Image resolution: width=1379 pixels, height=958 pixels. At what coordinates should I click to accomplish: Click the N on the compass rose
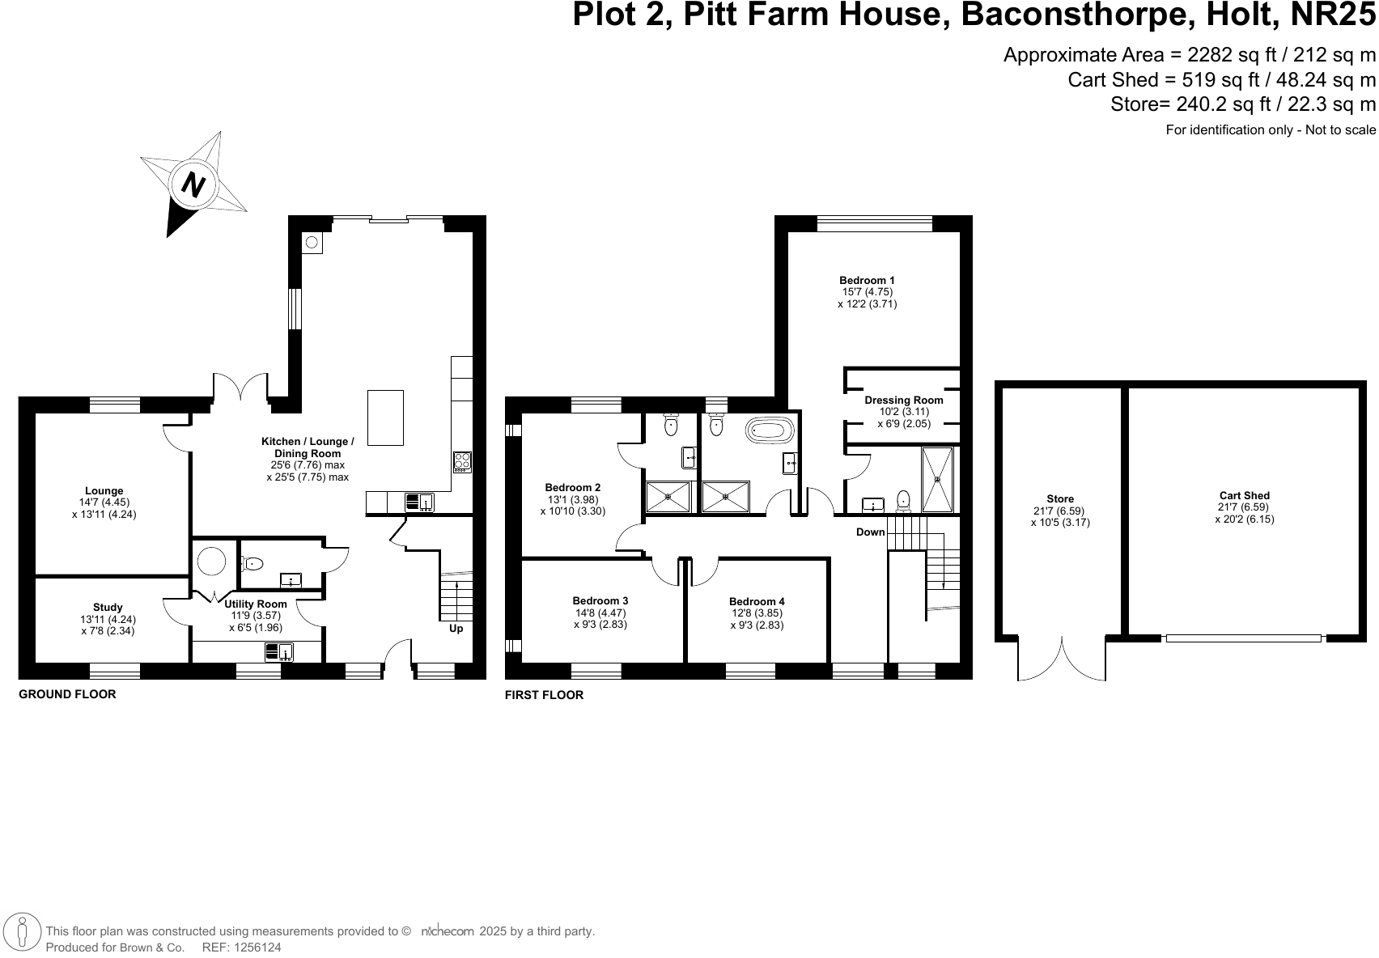(x=192, y=184)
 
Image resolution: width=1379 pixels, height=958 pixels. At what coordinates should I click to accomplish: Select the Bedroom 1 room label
(x=867, y=281)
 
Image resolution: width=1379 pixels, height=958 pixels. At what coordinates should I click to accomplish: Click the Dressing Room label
(x=903, y=400)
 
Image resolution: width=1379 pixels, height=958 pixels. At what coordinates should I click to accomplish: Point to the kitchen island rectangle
(x=385, y=418)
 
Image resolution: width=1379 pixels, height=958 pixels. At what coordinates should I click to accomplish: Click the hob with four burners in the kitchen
(x=462, y=461)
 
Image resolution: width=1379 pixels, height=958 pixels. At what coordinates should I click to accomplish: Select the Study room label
(x=108, y=607)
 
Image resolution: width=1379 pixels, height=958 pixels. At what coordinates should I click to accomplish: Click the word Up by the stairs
(x=456, y=629)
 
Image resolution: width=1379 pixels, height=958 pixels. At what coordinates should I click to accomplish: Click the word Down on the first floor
(x=871, y=532)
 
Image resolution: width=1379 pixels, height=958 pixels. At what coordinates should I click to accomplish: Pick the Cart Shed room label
(x=1244, y=495)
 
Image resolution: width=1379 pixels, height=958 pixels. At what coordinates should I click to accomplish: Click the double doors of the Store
(x=1061, y=659)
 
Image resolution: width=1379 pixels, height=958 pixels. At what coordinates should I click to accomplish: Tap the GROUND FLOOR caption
(x=67, y=694)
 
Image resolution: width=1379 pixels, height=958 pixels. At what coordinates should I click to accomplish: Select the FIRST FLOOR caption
(x=544, y=695)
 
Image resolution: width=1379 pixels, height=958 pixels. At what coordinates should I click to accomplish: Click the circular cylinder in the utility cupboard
(x=213, y=561)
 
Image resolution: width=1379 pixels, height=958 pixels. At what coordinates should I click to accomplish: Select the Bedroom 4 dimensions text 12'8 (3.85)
(x=757, y=613)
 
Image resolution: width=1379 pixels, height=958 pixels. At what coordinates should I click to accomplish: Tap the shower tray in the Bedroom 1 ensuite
(x=938, y=479)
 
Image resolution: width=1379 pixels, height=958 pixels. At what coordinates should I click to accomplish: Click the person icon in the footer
(x=22, y=932)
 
